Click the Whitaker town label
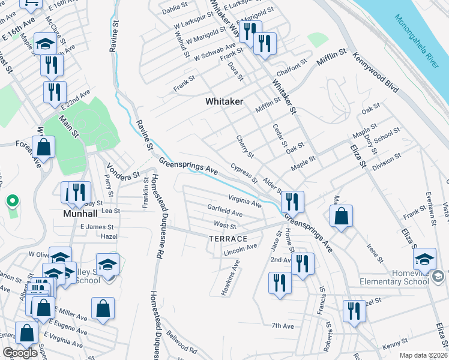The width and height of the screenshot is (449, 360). pyautogui.click(x=224, y=101)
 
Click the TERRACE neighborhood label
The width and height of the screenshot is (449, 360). pyautogui.click(x=228, y=238)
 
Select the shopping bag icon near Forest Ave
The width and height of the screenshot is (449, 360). pyautogui.click(x=44, y=146)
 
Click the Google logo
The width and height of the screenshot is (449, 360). pyautogui.click(x=20, y=352)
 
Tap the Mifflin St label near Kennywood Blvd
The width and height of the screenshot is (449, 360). pyautogui.click(x=333, y=54)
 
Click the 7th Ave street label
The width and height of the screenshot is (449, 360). pyautogui.click(x=282, y=326)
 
